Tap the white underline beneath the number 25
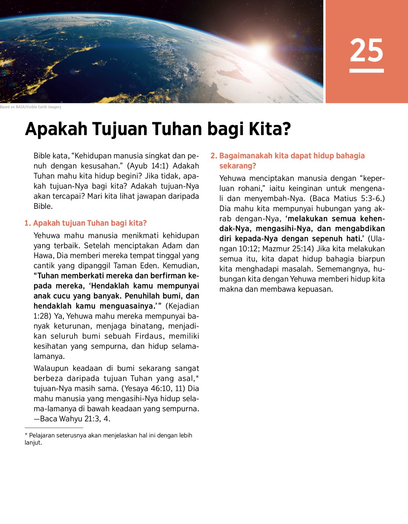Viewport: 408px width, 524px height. pos(367,71)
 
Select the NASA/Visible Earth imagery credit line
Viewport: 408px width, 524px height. pos(31,107)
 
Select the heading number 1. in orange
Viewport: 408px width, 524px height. pos(28,223)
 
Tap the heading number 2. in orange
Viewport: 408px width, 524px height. pos(214,156)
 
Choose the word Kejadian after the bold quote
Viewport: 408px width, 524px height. pos(182,306)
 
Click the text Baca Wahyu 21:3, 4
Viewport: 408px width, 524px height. pos(75,419)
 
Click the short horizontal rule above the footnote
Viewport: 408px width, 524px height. pos(54,428)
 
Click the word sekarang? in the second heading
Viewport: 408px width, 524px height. pos(237,166)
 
